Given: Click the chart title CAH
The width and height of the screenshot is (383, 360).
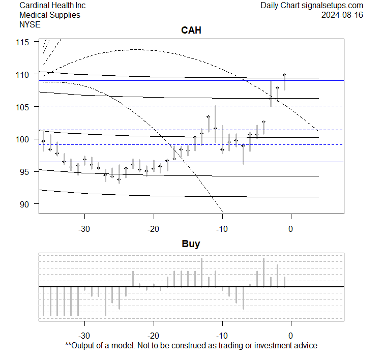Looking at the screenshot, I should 191,31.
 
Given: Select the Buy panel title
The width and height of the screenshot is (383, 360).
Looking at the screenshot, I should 191,244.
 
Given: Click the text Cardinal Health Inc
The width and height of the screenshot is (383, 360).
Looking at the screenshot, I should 52,5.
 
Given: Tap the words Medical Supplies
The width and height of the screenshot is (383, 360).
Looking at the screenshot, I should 50,15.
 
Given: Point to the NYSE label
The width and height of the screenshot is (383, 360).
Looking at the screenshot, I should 30,24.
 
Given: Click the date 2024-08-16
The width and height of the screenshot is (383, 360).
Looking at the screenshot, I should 342,15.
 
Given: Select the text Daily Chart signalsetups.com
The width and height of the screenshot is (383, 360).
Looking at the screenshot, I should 312,5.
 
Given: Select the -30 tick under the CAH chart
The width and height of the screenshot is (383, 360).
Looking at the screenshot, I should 84,228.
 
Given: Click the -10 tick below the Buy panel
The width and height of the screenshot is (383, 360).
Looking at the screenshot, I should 222,336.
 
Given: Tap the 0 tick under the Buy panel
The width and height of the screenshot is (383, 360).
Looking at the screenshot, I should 291,336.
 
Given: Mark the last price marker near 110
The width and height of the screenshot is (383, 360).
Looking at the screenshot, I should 284,75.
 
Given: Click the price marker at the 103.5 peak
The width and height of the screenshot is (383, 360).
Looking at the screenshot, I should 209,116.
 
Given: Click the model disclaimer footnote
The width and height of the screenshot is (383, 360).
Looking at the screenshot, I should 191,345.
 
